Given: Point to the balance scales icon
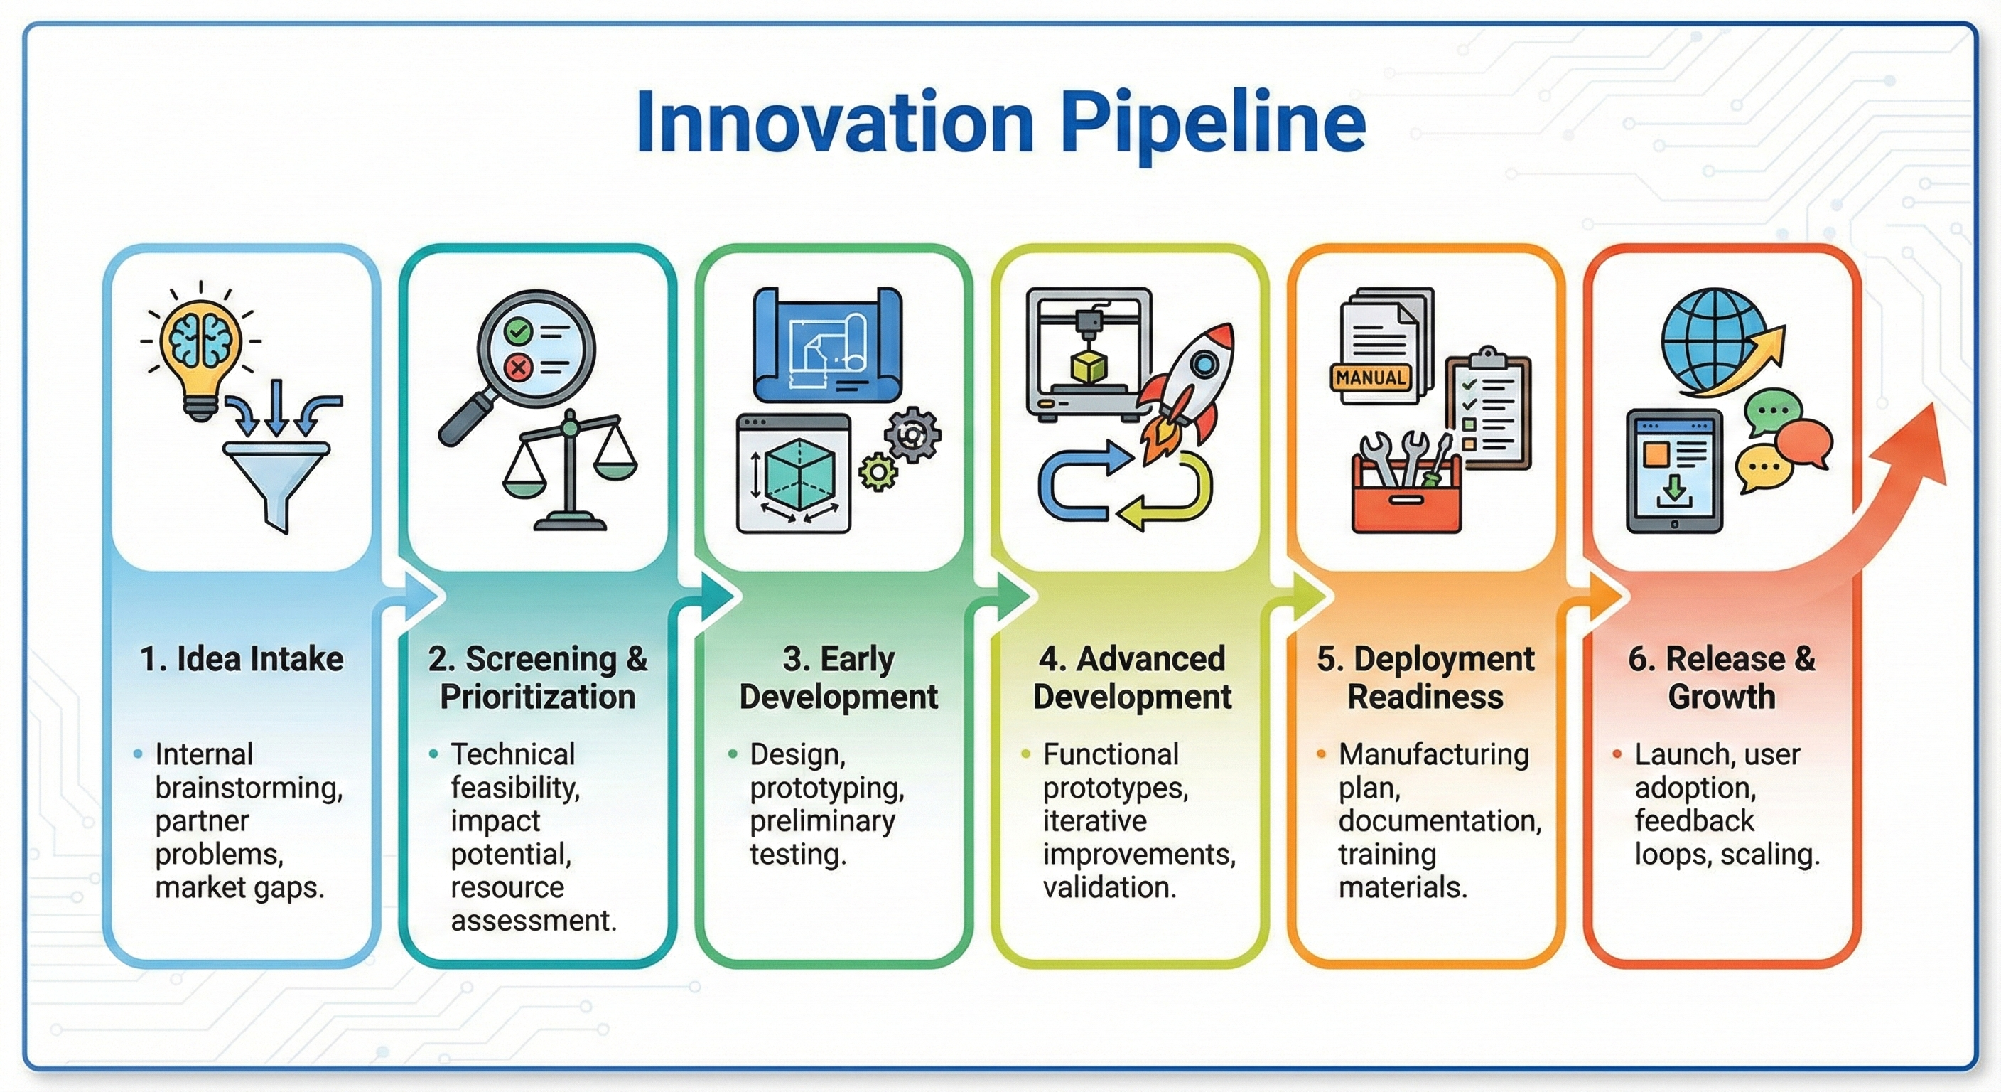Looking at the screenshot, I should click(569, 474).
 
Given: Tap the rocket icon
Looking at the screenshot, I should click(1189, 392).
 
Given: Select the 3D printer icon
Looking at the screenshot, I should click(1087, 353).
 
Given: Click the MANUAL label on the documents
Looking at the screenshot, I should click(1370, 378).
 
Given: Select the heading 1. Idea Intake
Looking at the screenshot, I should click(242, 659).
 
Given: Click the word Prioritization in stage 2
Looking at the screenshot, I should click(537, 697).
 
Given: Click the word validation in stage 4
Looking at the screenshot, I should click(1109, 887).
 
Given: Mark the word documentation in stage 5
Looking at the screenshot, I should click(1440, 820).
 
